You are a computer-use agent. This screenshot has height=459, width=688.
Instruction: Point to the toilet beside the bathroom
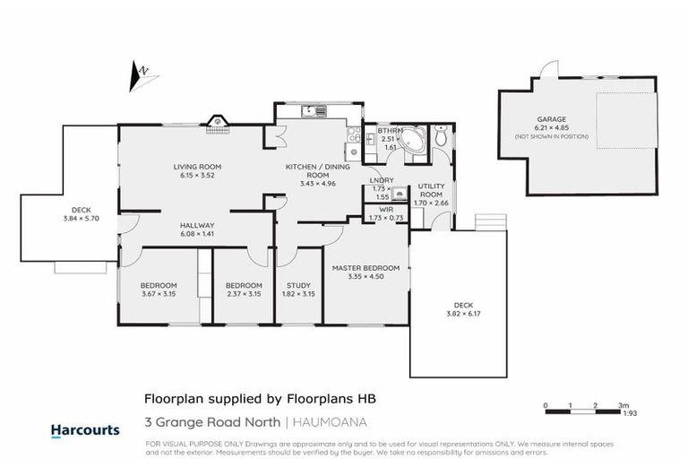(440, 137)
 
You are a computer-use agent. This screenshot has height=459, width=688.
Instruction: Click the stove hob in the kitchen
(353, 136)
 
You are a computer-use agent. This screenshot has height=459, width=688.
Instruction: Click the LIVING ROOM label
(199, 167)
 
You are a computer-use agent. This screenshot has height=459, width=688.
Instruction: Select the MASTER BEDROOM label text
(365, 268)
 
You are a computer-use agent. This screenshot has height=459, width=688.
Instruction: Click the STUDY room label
(297, 286)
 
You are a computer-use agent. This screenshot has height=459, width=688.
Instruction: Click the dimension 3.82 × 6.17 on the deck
(457, 315)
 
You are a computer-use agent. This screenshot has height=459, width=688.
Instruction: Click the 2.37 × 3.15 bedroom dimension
(243, 294)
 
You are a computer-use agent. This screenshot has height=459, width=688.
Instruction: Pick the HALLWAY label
(196, 226)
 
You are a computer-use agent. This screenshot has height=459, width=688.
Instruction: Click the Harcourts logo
(85, 430)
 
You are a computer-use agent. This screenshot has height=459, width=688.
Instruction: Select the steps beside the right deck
(490, 221)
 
